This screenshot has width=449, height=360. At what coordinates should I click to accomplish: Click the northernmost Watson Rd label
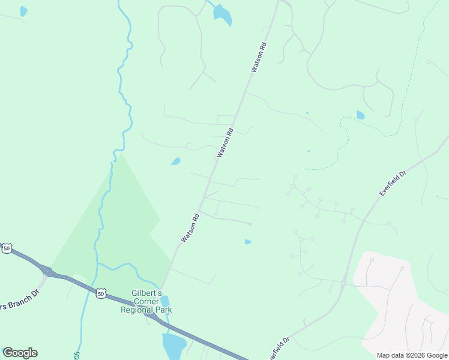[258, 58]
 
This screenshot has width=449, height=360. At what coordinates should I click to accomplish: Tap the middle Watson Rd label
[224, 142]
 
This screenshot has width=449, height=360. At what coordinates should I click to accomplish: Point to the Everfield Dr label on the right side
[393, 182]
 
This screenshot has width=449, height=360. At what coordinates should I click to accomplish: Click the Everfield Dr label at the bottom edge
[278, 349]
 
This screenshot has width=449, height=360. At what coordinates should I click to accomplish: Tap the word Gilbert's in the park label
[146, 293]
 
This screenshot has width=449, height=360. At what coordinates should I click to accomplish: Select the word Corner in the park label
[146, 302]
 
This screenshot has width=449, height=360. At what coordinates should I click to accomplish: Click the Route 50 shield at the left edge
[7, 248]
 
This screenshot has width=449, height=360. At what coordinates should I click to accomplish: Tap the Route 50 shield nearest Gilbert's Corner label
[101, 293]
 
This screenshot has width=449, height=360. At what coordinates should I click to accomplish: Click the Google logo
[20, 353]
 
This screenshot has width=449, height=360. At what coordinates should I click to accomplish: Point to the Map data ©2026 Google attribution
[411, 355]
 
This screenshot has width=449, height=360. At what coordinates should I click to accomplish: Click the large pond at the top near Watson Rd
[223, 15]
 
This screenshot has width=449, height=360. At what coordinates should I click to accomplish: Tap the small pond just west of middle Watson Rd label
[176, 161]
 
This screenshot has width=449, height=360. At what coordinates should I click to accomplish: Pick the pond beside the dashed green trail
[360, 115]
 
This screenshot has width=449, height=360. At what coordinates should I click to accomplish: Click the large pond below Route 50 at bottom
[173, 346]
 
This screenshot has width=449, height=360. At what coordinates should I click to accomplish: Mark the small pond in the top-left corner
[23, 11]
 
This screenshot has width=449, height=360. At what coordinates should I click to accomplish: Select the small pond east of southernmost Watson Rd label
[248, 242]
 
